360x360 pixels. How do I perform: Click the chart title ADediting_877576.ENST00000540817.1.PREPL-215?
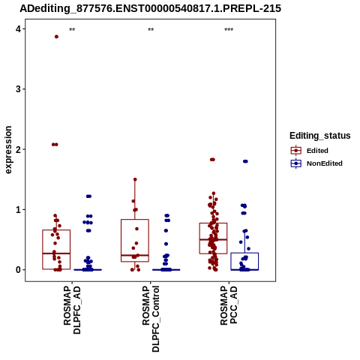coord(151,9)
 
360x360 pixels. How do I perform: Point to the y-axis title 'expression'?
coord(8,150)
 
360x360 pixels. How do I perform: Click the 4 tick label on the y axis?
coord(18,29)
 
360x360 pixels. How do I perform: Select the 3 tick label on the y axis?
coord(18,89)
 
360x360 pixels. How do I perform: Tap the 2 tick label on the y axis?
coord(18,149)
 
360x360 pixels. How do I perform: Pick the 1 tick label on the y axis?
coord(18,209)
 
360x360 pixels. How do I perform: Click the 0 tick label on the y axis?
coord(18,270)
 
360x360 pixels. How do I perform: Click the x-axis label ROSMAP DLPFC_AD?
coord(72,310)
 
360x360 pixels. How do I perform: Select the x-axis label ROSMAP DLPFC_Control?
coord(151,319)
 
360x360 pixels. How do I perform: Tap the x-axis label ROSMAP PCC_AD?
coord(229,305)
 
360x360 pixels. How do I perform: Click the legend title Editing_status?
coord(320,136)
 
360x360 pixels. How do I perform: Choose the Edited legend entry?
coord(310,151)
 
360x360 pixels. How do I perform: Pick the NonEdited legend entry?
coord(316,163)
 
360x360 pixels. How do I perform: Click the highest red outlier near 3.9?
coord(56,37)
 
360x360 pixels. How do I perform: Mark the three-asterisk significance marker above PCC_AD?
coord(229,30)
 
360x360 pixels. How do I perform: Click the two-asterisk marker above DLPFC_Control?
coord(151,30)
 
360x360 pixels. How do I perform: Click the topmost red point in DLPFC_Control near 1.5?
coord(135,179)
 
